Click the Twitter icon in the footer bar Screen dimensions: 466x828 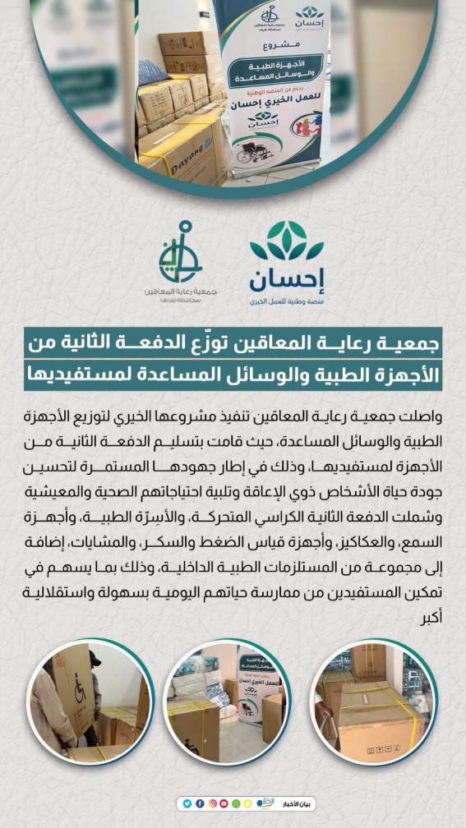coord(187,803)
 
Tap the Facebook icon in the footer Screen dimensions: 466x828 coord(199,803)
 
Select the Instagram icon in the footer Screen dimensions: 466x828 coord(211,803)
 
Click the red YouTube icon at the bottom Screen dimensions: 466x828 coord(224,803)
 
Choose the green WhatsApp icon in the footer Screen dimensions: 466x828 coord(236,803)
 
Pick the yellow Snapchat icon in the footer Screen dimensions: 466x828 coord(248,803)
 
